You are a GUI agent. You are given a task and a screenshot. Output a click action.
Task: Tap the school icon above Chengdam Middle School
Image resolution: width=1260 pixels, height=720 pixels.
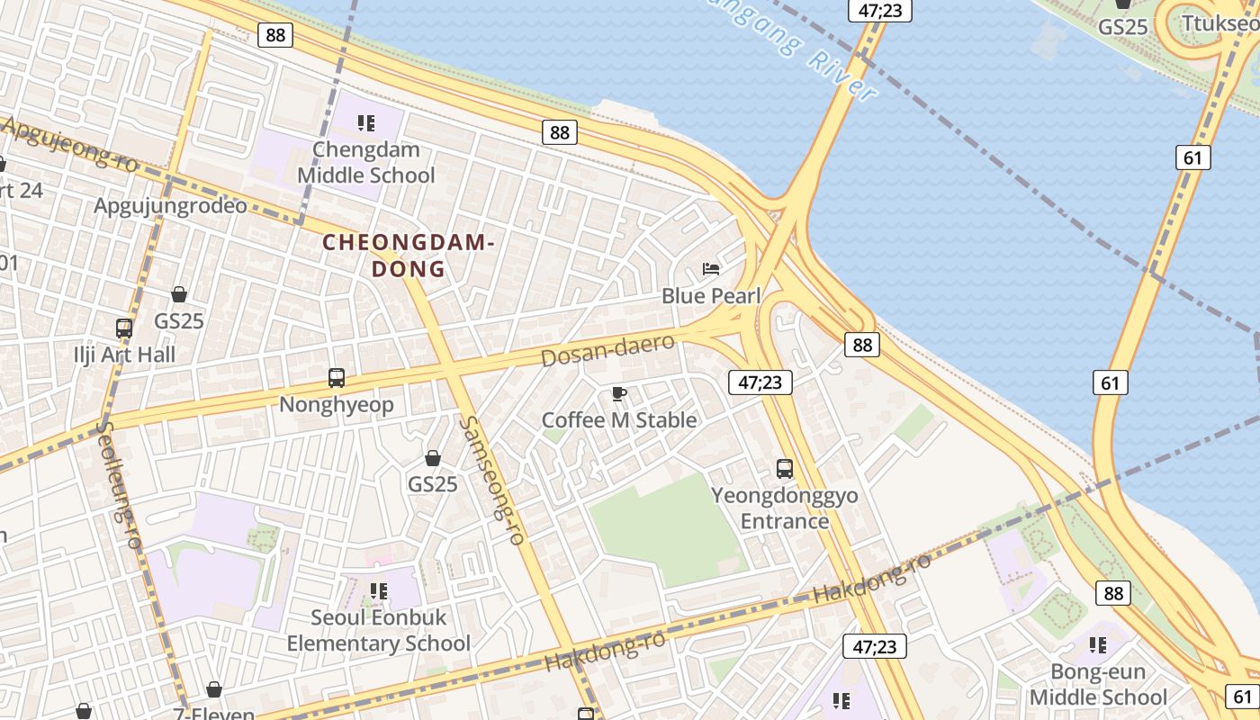coord(365,122)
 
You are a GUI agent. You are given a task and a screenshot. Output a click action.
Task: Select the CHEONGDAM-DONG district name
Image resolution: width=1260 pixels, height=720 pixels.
coord(409,256)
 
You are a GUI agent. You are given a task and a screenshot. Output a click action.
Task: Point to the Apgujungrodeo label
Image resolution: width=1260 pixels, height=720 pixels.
coord(171,206)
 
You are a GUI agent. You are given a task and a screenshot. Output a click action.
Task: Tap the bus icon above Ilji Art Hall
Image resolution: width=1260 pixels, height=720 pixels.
coord(124,328)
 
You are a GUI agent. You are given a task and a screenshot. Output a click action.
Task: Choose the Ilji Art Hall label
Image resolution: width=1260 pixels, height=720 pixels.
coord(124,355)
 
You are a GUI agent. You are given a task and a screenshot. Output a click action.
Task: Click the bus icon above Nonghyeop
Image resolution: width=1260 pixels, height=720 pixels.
coord(337,378)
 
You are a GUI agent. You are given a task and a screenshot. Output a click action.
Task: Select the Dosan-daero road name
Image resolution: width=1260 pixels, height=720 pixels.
coord(607,350)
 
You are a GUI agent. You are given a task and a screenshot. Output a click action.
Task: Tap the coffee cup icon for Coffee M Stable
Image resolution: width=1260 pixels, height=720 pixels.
coord(619,393)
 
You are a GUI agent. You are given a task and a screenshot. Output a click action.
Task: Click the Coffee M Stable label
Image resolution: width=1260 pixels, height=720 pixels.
coord(619,420)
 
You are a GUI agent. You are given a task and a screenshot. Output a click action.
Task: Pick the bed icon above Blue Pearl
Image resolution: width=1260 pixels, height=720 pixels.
coord(711,269)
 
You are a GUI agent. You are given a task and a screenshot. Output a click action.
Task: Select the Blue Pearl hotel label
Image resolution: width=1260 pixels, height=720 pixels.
coord(711,296)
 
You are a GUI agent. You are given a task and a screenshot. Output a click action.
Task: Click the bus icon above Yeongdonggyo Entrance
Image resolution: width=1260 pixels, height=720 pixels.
coord(785,469)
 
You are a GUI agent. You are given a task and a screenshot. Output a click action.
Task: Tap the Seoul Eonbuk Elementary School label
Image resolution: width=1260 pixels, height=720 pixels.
coord(378,631)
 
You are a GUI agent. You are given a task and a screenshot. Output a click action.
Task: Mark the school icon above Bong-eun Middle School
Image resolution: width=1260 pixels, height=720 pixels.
coord(1098,644)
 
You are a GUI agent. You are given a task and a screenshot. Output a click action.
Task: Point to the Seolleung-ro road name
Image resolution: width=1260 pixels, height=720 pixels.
coord(121,486)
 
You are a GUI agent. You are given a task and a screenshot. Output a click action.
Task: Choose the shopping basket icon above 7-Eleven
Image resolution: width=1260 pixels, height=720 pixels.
coord(214,690)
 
